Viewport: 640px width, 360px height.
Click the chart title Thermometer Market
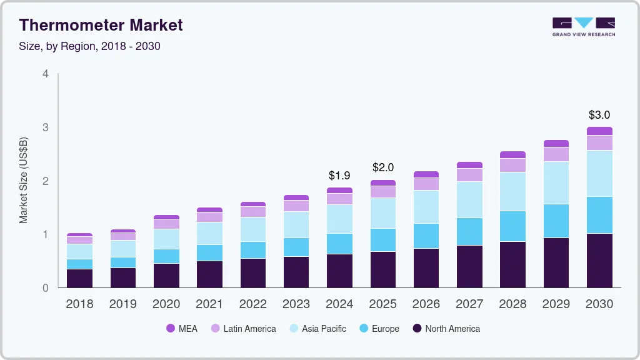(101, 25)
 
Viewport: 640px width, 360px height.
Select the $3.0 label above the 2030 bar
(599, 115)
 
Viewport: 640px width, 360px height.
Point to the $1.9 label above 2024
(339, 176)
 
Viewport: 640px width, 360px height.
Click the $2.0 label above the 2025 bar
(383, 167)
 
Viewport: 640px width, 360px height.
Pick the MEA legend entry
(182, 328)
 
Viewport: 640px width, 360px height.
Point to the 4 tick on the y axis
(46, 74)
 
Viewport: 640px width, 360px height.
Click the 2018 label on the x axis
(79, 304)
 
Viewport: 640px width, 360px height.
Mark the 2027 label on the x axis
(469, 304)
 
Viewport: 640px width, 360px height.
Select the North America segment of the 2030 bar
(599, 260)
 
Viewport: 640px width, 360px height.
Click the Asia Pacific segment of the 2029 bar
(556, 182)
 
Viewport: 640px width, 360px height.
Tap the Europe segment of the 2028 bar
(513, 226)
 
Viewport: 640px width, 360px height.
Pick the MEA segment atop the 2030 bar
(599, 131)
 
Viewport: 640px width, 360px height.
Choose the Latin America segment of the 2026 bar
(426, 184)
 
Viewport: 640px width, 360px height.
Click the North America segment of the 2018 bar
(79, 278)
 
